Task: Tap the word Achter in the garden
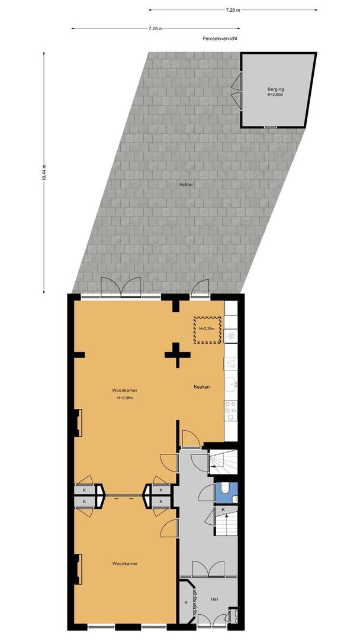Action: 187,185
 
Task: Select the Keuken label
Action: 201,387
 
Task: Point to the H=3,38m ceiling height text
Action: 125,398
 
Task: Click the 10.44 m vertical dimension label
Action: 44,173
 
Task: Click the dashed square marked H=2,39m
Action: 207,329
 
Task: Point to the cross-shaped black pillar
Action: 177,355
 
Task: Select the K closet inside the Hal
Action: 186,602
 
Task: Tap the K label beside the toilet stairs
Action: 223,509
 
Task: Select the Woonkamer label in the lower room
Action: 124,564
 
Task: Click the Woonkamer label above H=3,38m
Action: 124,390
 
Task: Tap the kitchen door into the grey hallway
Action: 191,439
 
